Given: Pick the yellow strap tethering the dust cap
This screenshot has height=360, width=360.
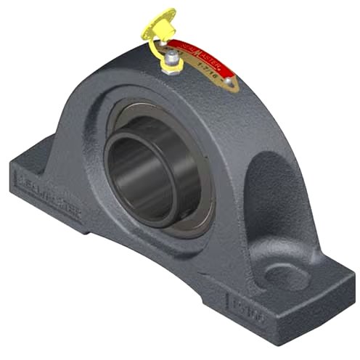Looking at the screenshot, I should (154, 46).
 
